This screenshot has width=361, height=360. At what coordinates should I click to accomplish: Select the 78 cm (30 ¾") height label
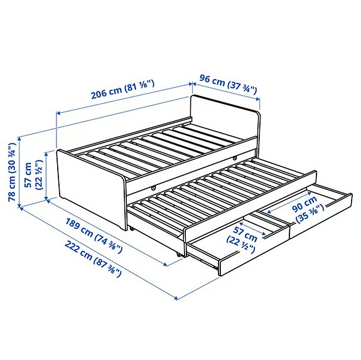click(11, 170)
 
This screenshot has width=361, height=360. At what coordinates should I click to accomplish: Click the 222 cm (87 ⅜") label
click(91, 259)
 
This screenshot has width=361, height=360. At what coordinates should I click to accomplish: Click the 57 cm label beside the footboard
click(33, 176)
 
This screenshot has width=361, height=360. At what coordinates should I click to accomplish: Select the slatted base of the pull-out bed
click(220, 188)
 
